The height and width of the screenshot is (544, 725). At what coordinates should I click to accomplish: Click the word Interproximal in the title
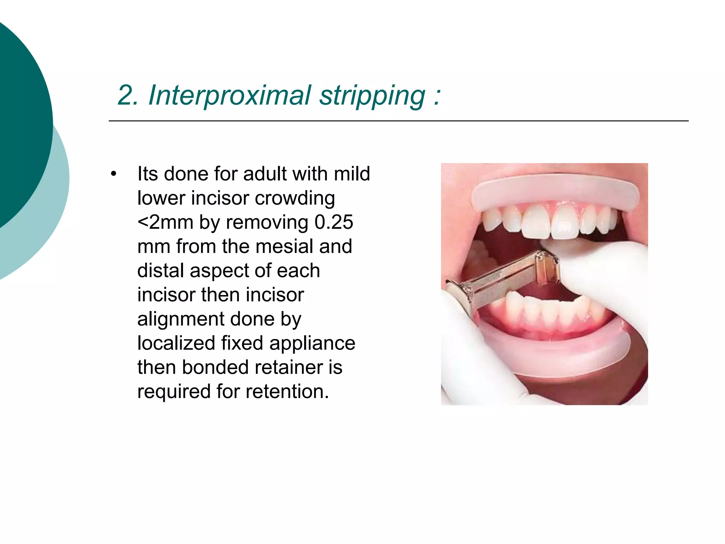point(229,96)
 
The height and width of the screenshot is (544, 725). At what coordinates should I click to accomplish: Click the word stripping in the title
point(372,96)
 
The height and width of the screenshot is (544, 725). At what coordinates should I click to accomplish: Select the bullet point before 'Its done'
point(113,174)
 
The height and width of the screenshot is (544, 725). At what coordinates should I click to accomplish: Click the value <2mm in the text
point(165,222)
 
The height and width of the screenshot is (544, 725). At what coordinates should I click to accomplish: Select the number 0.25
point(333,222)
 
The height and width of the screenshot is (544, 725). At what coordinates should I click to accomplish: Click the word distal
point(160,271)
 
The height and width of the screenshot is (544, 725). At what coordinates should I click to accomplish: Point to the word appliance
point(312,343)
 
